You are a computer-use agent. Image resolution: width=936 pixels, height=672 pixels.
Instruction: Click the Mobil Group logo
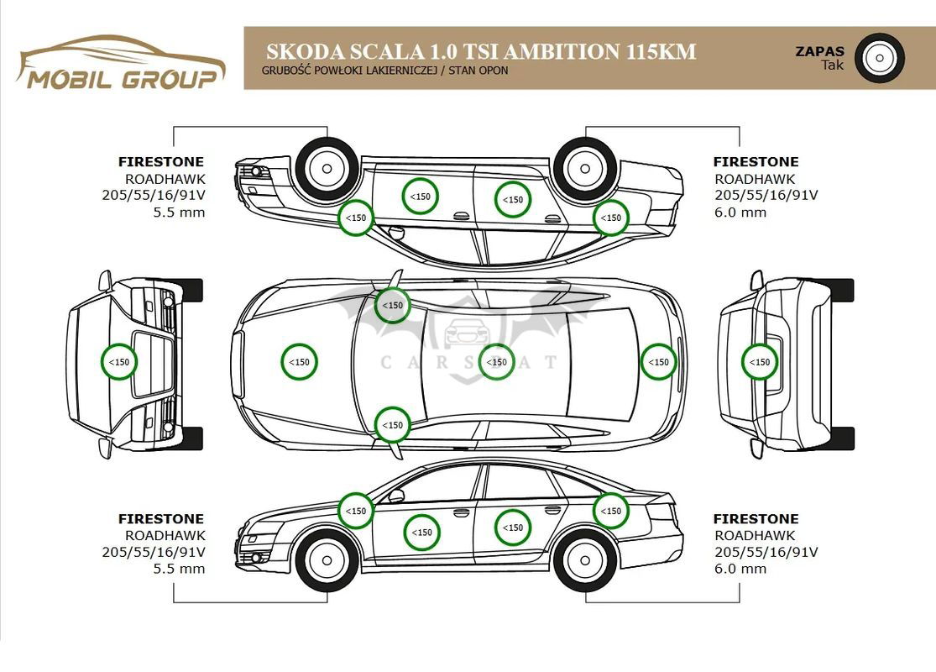click(122, 63)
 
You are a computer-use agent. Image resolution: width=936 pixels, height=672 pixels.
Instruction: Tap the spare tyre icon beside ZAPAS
click(880, 58)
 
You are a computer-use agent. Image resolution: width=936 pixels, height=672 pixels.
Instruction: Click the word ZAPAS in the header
click(819, 51)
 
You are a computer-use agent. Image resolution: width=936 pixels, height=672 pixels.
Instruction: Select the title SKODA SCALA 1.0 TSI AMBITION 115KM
click(480, 52)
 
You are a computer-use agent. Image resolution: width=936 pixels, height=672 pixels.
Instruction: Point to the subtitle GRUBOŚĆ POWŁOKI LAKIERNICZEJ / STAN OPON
click(384, 71)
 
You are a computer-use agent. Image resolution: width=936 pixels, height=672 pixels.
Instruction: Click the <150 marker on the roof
click(497, 362)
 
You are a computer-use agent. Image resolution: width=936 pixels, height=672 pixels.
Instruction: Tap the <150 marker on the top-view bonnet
click(299, 362)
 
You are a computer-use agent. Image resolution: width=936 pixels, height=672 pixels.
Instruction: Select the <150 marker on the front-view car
click(119, 362)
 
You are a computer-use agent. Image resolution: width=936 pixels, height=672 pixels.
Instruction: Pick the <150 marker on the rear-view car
click(759, 362)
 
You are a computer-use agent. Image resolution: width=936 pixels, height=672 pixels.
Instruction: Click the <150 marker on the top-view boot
click(659, 362)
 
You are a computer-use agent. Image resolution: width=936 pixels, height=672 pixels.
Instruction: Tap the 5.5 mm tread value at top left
click(178, 213)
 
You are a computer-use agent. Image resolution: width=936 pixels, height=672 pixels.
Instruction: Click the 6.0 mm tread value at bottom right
click(740, 569)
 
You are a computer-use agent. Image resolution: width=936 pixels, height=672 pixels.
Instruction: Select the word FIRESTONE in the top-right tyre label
click(756, 161)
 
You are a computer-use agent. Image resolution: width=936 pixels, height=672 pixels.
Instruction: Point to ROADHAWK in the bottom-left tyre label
click(165, 535)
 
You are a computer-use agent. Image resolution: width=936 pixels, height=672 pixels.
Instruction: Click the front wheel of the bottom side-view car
click(327, 559)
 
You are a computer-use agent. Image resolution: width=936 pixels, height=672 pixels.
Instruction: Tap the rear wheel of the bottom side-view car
click(585, 559)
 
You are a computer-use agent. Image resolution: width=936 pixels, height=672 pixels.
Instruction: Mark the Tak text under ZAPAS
click(833, 65)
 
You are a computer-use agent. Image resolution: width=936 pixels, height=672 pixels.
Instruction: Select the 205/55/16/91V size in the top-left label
click(154, 196)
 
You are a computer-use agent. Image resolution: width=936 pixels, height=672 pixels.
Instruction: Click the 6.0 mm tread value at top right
click(740, 213)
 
